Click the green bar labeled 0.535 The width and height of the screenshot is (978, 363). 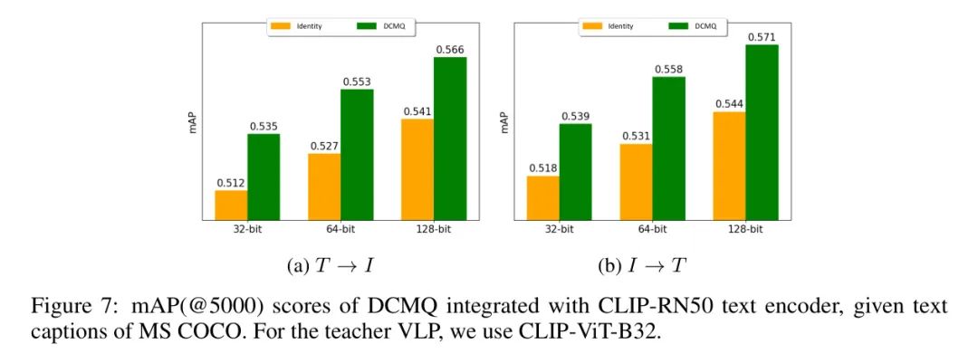[x=264, y=177]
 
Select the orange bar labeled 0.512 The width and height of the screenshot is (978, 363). [x=231, y=205]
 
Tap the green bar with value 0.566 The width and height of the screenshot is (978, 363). [x=450, y=138]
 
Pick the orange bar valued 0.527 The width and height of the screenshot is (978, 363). [x=324, y=186]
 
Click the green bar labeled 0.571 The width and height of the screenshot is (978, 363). [x=762, y=131]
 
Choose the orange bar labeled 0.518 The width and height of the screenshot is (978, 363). [x=542, y=197]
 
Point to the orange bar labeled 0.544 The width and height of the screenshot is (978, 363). [x=729, y=166]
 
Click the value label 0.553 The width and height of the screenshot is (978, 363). [x=357, y=81]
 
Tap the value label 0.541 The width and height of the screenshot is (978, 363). [x=417, y=111]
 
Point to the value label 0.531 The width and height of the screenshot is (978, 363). [x=636, y=137]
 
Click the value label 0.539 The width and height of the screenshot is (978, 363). [x=575, y=117]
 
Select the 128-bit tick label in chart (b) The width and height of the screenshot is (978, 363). [x=745, y=229]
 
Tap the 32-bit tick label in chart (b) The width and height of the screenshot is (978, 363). [x=559, y=229]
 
